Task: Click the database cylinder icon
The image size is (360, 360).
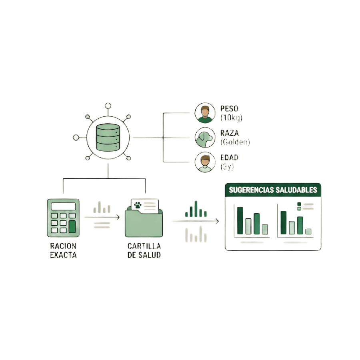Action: click(108, 137)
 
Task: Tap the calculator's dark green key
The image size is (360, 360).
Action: click(72, 227)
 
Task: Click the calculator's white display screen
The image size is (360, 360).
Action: click(63, 206)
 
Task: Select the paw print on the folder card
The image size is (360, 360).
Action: click(138, 205)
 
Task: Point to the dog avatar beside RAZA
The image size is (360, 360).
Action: click(205, 138)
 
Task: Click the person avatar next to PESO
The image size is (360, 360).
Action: click(205, 113)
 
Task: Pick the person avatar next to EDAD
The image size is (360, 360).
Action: click(205, 162)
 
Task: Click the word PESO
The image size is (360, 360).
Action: click(229, 108)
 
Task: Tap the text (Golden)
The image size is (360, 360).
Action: click(235, 142)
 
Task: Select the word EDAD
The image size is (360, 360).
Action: click(229, 158)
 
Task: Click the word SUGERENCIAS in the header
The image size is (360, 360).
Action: click(251, 190)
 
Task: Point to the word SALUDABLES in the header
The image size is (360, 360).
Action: click(296, 190)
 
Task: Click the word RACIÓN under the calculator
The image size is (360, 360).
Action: click(63, 246)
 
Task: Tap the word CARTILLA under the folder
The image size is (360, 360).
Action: click(144, 246)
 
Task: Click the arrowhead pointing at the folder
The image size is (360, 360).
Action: click(118, 217)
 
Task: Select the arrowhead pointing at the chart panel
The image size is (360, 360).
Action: click(217, 221)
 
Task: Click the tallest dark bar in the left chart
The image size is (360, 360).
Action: click(240, 221)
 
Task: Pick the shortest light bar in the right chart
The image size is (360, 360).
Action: click(308, 232)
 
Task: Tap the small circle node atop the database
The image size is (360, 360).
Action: click(108, 106)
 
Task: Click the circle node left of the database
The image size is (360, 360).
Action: click(76, 138)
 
